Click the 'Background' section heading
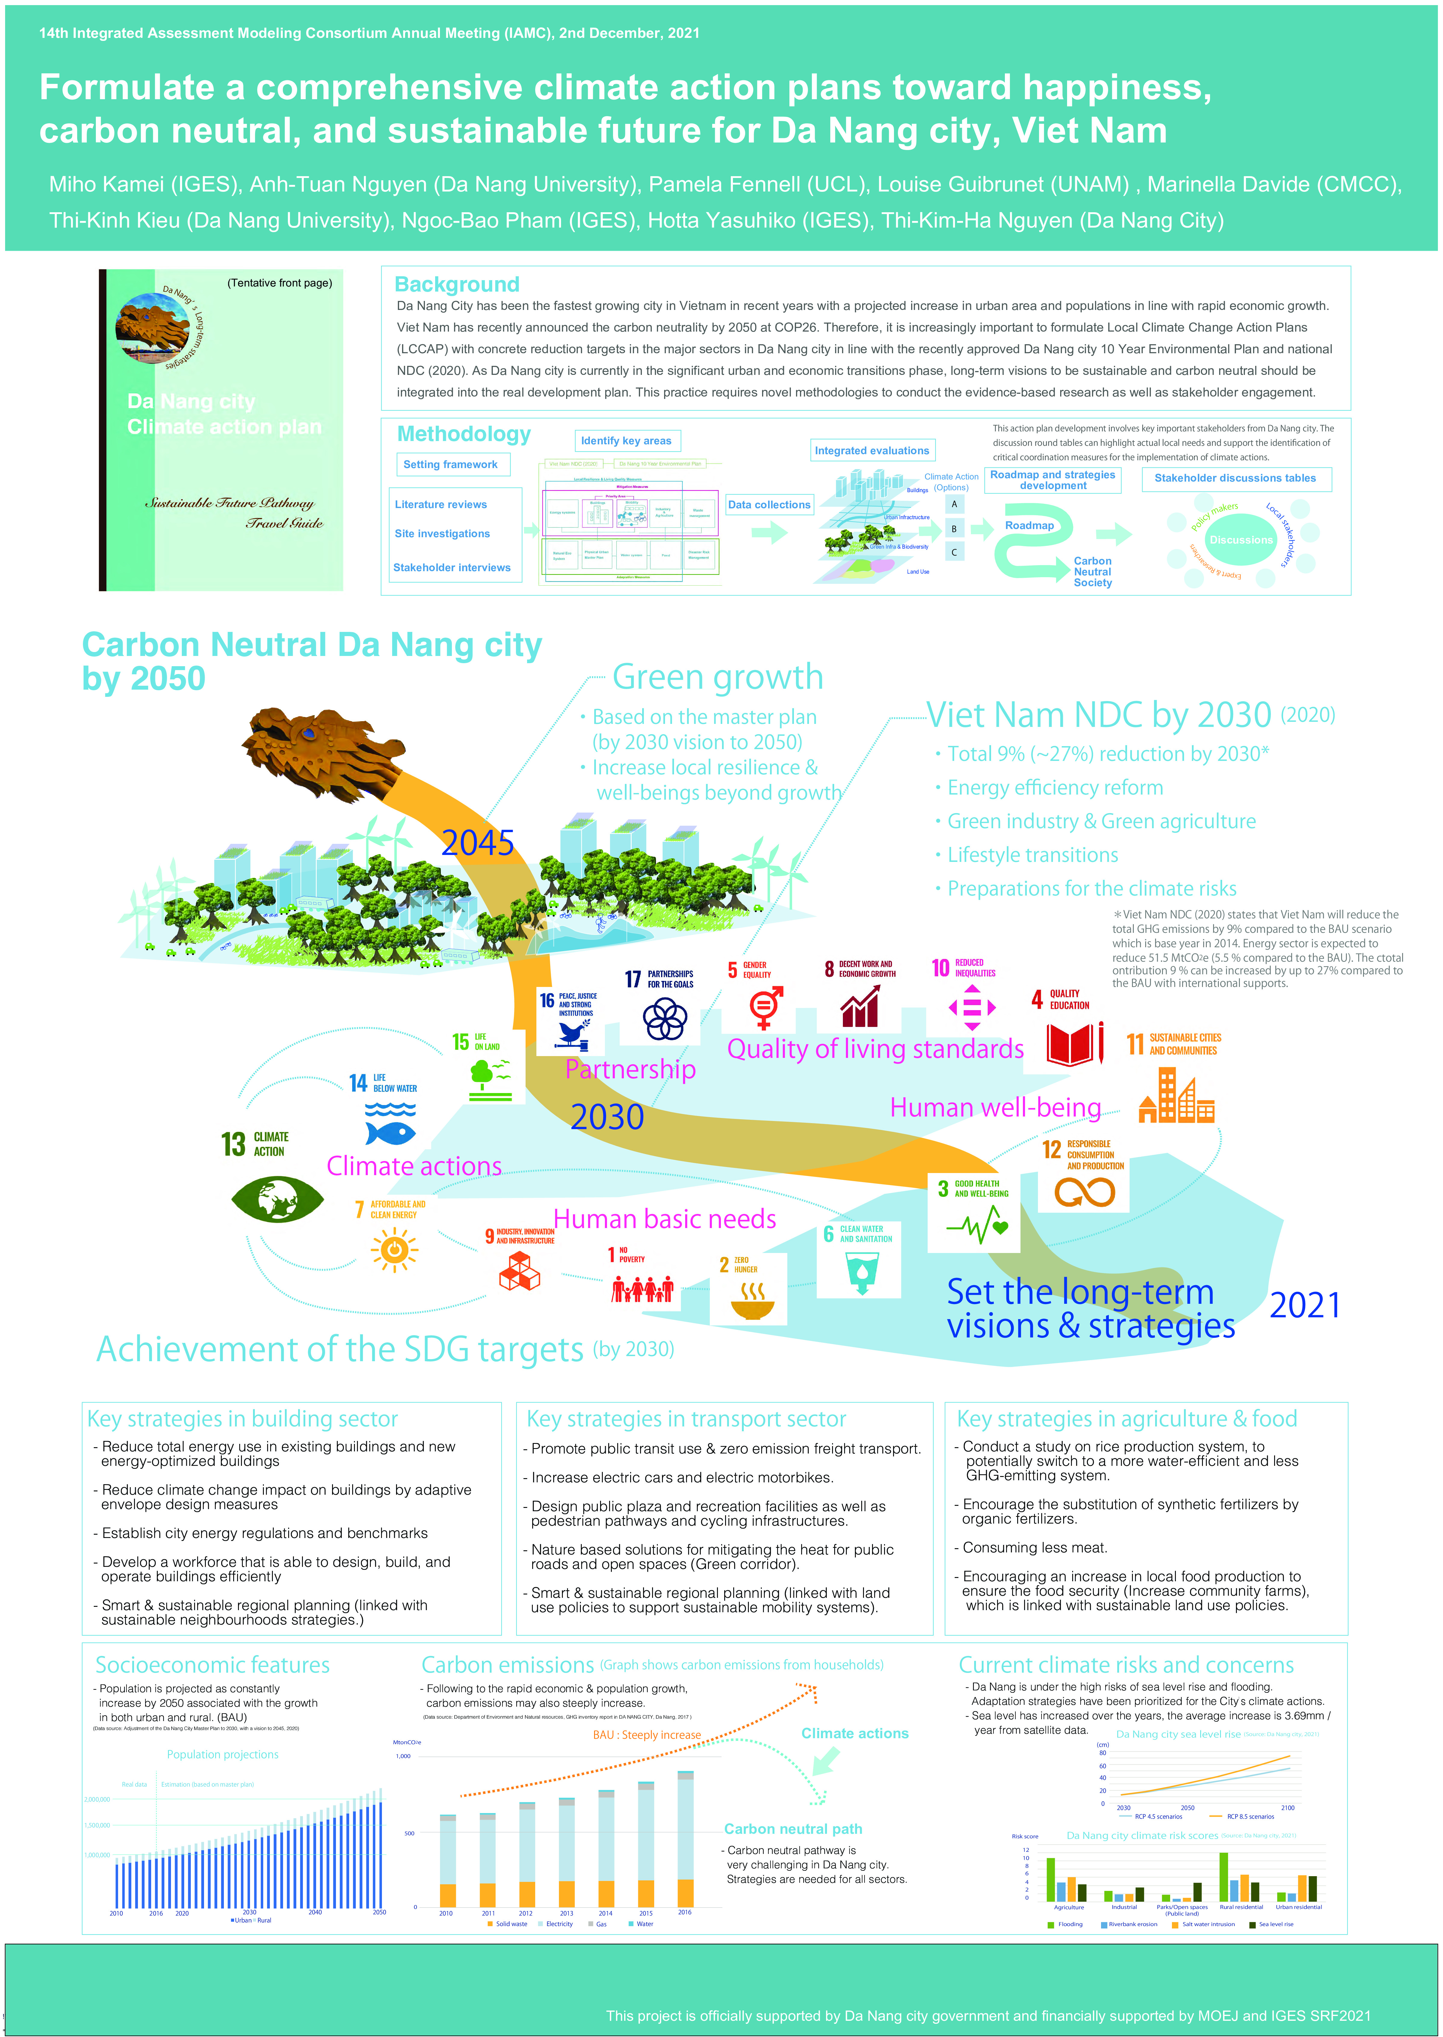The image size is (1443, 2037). tap(457, 284)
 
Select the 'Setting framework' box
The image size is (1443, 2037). tap(450, 465)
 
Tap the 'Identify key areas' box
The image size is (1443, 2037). tap(627, 441)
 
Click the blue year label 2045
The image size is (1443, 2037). tap(478, 843)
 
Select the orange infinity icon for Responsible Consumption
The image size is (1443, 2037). tap(1084, 1192)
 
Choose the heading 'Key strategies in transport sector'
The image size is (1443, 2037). tap(686, 1419)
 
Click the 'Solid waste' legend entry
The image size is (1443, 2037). tap(510, 1924)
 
